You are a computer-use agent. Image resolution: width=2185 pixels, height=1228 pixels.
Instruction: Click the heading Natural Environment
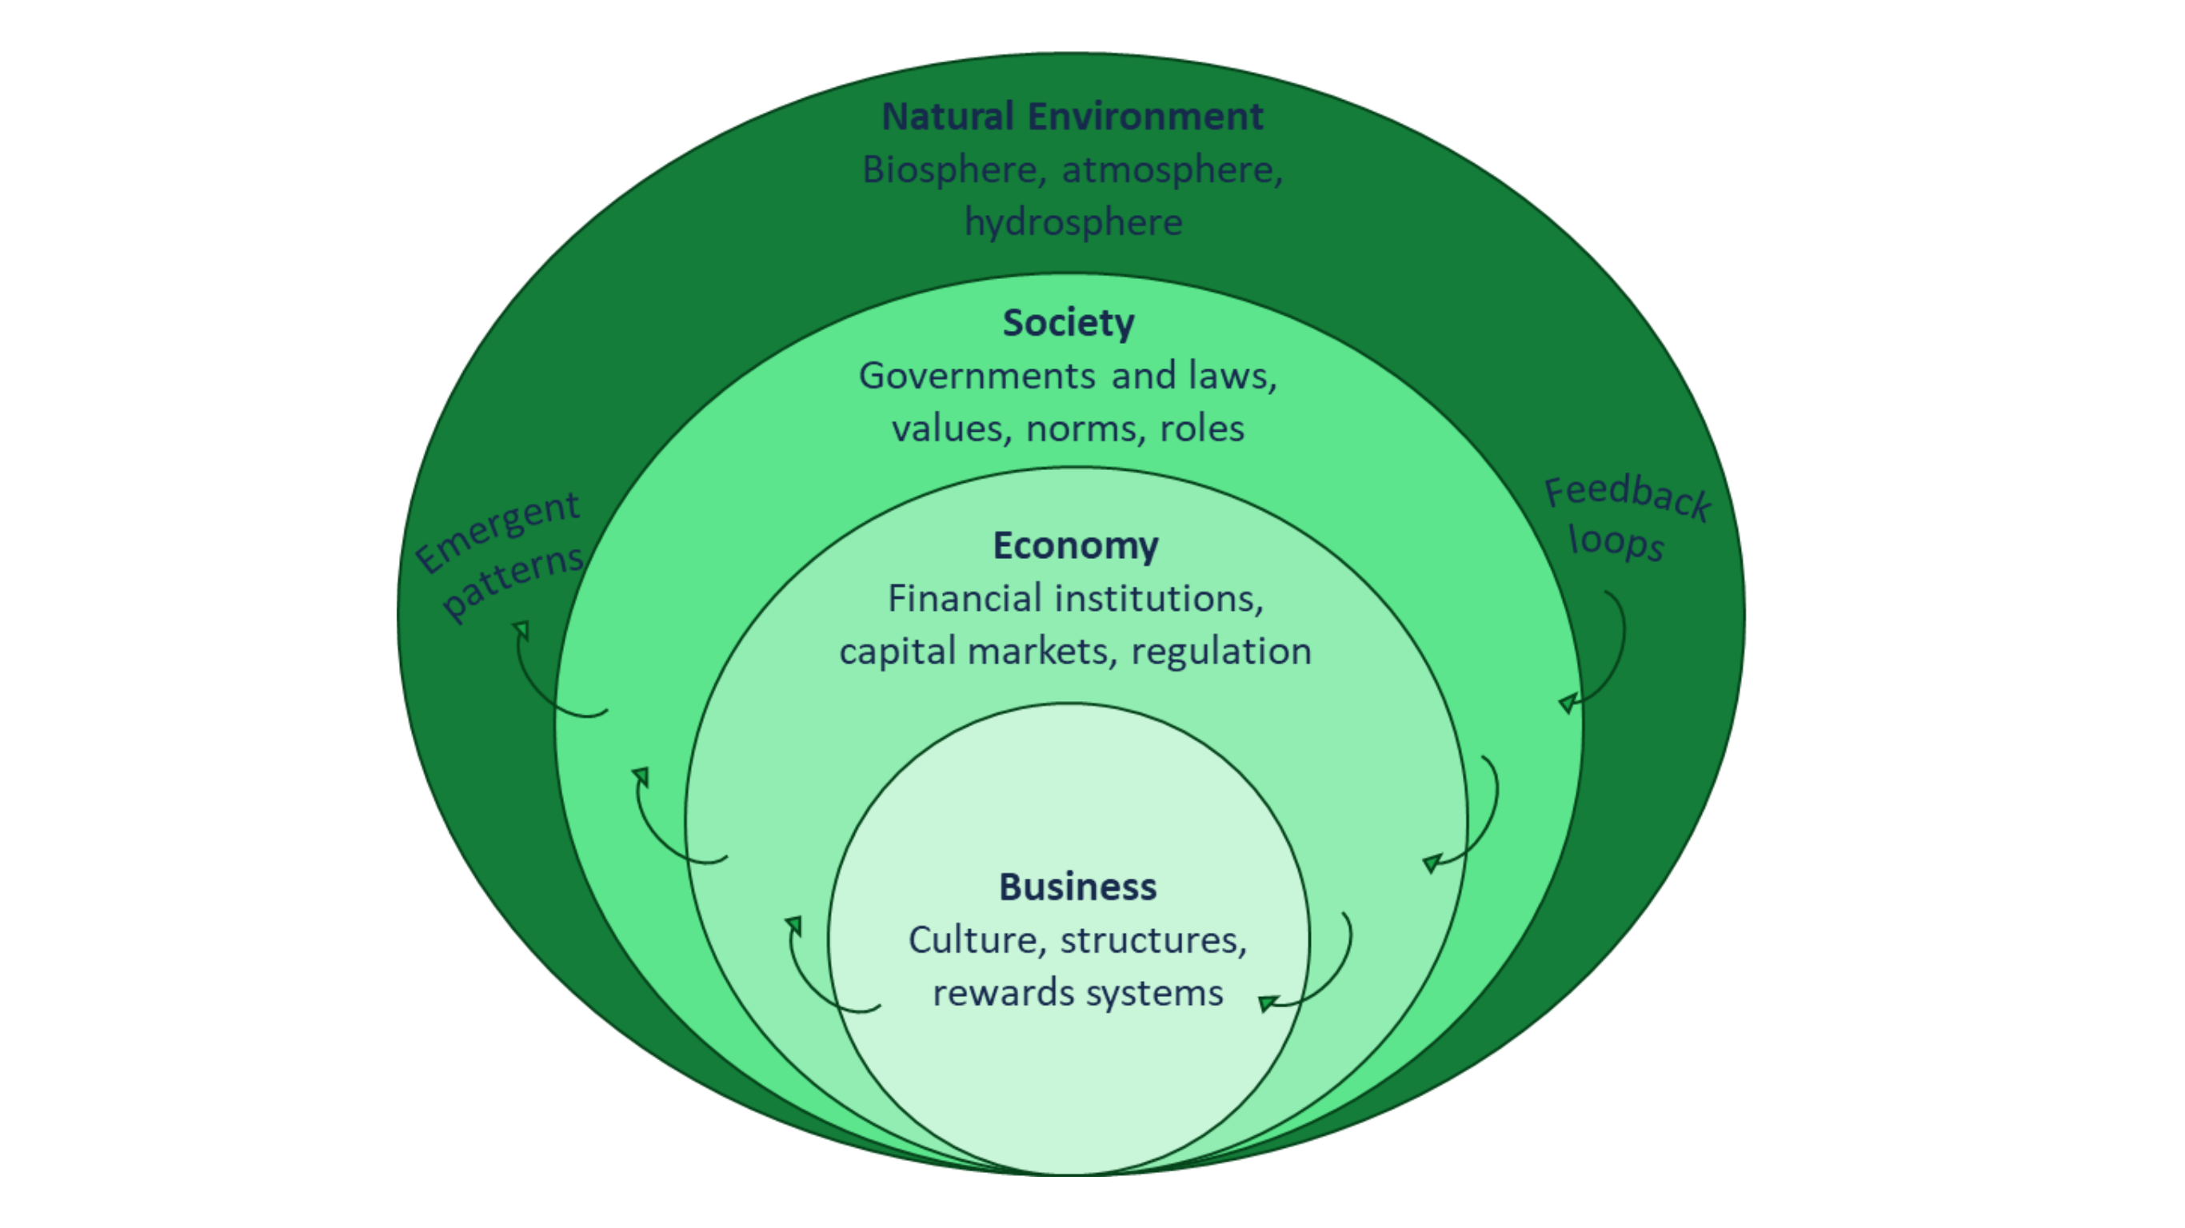(1073, 116)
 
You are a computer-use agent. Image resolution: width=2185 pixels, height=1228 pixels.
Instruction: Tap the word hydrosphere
(1073, 222)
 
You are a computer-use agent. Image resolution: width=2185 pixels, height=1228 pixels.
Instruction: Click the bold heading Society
(1068, 322)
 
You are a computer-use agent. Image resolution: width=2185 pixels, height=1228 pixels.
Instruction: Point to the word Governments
(977, 376)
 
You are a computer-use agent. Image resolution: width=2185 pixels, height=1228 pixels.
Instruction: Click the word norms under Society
(1081, 429)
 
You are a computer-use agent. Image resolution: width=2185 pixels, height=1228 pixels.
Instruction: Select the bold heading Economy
(1076, 545)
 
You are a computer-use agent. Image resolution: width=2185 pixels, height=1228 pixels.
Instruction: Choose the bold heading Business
(1077, 887)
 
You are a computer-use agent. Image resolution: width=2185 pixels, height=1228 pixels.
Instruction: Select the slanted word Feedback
(1627, 498)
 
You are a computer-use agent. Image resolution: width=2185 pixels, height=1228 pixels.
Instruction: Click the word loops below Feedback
(1616, 542)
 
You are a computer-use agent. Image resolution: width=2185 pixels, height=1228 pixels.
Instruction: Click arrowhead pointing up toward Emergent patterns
(521, 630)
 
